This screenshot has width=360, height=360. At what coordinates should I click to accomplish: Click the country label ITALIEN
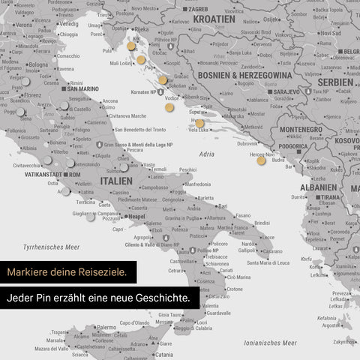point(116,181)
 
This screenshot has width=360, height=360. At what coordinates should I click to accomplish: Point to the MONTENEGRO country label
point(300,130)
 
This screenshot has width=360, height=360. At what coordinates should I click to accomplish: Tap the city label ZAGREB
point(198,9)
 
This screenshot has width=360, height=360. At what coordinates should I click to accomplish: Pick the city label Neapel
point(136,216)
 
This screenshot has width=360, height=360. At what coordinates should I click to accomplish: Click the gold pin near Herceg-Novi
point(261,160)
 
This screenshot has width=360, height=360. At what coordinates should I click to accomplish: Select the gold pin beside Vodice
point(169,107)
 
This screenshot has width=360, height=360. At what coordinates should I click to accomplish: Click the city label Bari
point(222,205)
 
